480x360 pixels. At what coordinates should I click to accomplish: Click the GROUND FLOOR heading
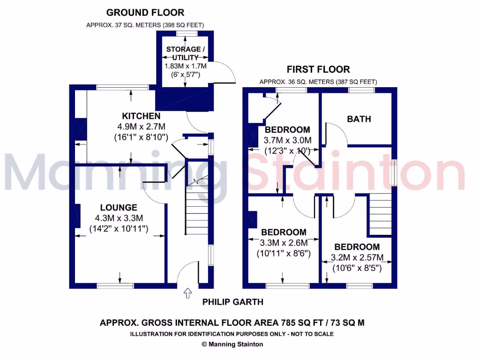[145, 13]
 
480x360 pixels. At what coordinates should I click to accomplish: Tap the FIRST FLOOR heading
[318, 69]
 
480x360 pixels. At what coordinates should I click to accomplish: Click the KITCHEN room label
[141, 116]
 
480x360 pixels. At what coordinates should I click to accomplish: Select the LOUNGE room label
[119, 207]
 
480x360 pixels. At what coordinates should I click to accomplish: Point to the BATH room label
[359, 119]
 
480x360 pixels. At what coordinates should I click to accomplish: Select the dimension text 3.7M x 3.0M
[287, 141]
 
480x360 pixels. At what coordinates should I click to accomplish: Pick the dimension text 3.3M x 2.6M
[284, 243]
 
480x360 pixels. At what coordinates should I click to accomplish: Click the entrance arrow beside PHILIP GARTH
[188, 293]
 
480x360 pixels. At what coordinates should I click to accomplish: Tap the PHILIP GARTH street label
[232, 302]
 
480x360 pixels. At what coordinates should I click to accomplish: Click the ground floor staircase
[196, 206]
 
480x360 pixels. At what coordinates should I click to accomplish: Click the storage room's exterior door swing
[224, 73]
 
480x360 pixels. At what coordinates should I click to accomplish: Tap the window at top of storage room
[186, 33]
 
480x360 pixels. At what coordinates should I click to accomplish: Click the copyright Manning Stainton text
[232, 345]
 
